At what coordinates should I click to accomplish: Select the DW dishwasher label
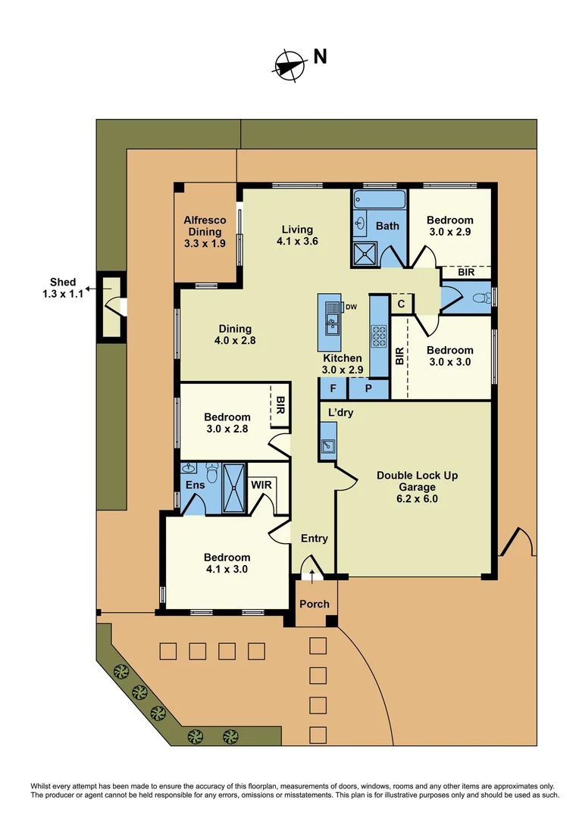(351, 307)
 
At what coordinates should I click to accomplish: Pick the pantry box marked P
(368, 388)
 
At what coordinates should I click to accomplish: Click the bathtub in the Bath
(379, 201)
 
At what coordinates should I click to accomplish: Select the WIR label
(261, 483)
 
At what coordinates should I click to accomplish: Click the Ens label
(194, 485)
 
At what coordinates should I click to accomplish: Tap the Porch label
(315, 604)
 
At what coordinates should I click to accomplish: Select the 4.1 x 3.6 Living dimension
(297, 242)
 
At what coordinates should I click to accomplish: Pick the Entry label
(315, 539)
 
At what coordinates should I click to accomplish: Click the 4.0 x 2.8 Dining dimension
(235, 341)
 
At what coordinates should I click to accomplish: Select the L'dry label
(341, 413)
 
